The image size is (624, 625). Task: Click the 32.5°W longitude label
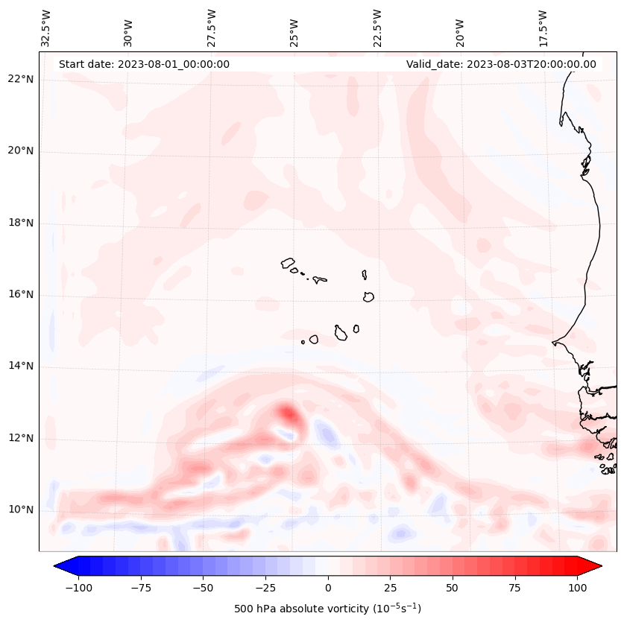tap(46, 28)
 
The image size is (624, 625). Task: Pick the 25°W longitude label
tap(294, 28)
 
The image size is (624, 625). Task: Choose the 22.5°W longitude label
tap(377, 28)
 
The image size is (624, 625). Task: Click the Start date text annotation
tap(144, 64)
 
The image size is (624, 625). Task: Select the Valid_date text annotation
tap(501, 64)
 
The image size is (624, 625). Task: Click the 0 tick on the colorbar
tap(327, 588)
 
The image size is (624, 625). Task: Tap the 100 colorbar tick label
tap(576, 588)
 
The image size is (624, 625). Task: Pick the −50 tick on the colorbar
tap(203, 588)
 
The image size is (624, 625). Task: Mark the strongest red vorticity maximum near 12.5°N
tap(287, 412)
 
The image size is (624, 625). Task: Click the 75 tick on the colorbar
tap(514, 588)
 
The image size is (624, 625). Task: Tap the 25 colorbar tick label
tap(390, 588)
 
